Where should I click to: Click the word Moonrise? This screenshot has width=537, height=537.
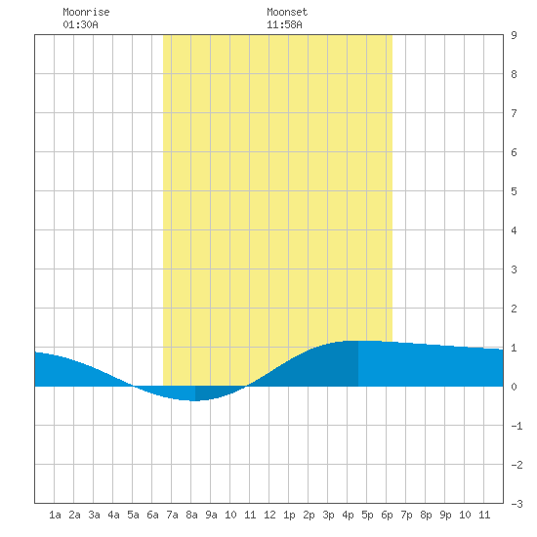tap(86, 12)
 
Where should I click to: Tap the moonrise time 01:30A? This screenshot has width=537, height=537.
tap(80, 24)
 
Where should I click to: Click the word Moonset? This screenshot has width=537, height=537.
tap(287, 12)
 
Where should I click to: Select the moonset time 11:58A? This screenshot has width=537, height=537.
tap(284, 24)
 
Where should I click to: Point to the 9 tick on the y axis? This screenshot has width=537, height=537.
tap(514, 35)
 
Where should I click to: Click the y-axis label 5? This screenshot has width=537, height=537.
tap(514, 191)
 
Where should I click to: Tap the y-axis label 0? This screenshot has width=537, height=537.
tap(514, 387)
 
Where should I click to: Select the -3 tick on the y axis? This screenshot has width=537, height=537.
tap(516, 504)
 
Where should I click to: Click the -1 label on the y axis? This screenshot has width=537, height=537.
tap(516, 426)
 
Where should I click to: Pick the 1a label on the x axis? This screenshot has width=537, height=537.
tap(55, 515)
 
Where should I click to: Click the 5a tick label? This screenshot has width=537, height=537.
tap(133, 515)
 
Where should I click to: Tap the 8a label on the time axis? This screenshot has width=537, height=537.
tap(191, 515)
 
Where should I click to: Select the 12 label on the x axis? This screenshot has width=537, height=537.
tap(269, 515)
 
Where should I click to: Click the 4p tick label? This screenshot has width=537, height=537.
tap(348, 515)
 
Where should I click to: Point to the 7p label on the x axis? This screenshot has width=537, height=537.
tap(406, 515)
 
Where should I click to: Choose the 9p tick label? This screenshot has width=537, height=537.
tap(445, 515)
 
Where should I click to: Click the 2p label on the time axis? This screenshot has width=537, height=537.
tap(309, 515)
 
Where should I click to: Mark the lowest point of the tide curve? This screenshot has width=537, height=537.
tap(194, 400)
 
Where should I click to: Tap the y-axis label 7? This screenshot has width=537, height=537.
tap(514, 113)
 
